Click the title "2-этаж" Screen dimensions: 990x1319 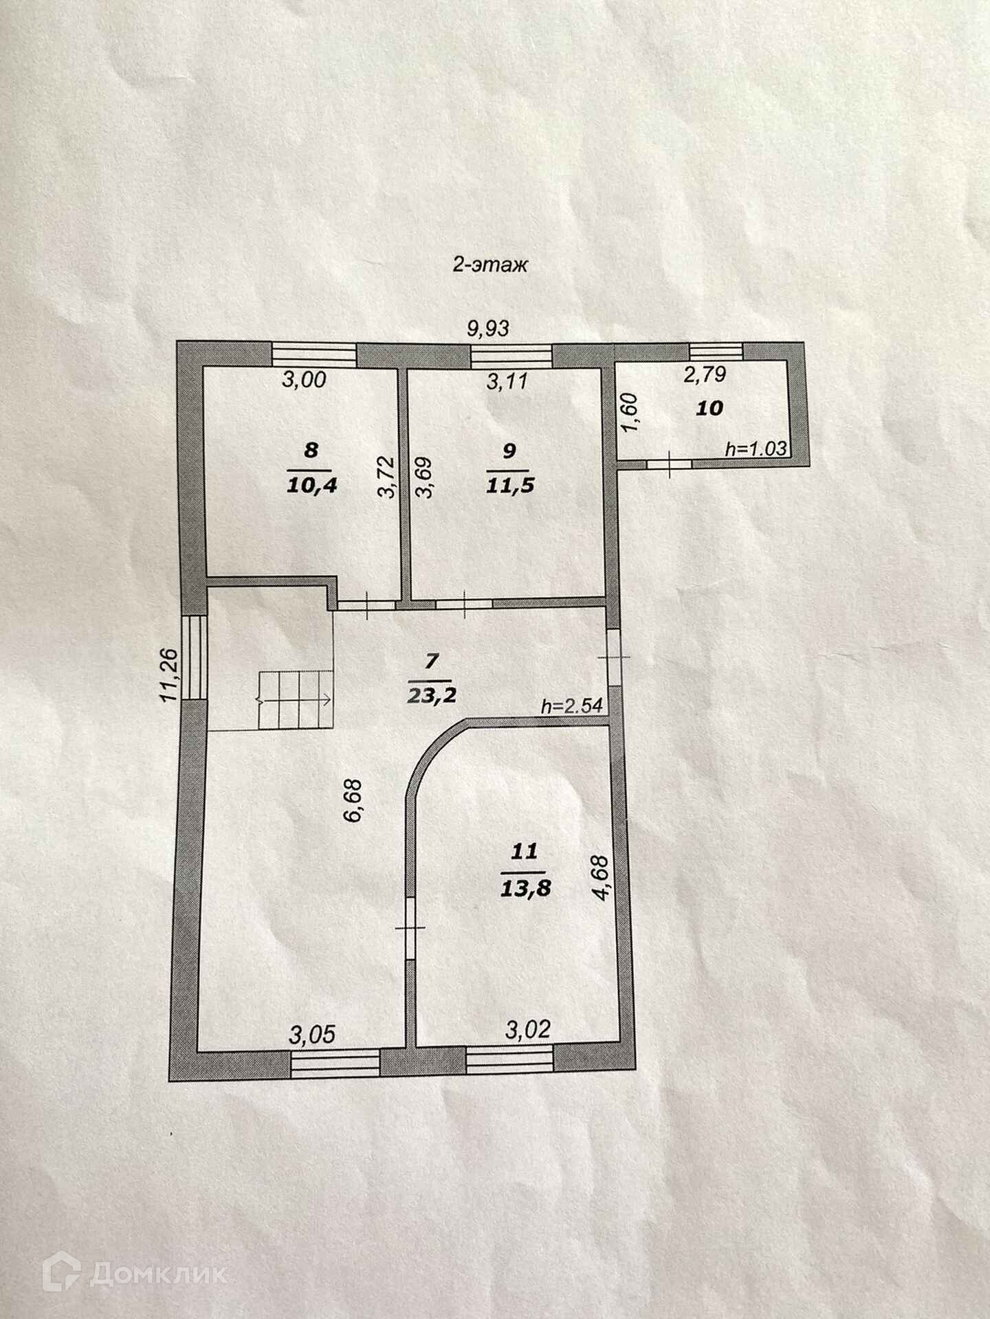pos(489,265)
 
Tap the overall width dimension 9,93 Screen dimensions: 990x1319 pos(488,328)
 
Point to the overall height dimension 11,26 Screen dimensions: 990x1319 pos(170,675)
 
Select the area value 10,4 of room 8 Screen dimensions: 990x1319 pos(311,486)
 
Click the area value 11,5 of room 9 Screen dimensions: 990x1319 pos(509,486)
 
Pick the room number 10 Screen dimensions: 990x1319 pos(710,408)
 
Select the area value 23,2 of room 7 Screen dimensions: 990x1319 pos(431,695)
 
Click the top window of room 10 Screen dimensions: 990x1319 pos(716,351)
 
